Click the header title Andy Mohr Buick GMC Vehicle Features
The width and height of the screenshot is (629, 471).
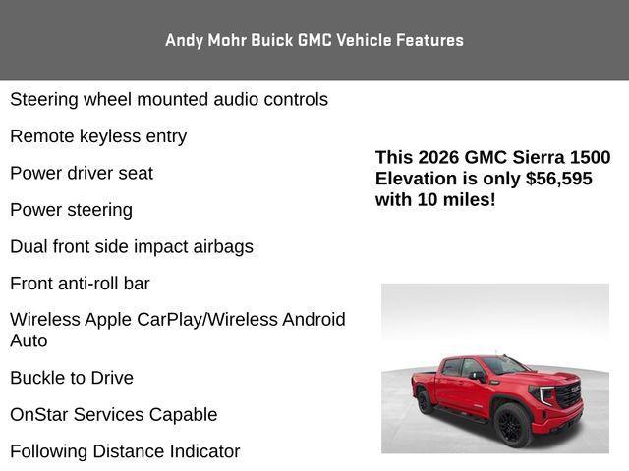click(x=314, y=40)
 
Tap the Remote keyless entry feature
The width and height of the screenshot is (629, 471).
click(x=98, y=136)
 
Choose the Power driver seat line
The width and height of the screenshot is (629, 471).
click(x=82, y=174)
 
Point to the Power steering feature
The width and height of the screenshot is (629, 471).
click(x=71, y=210)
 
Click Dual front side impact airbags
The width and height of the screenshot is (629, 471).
click(x=132, y=247)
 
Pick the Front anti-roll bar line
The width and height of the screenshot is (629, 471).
click(x=80, y=284)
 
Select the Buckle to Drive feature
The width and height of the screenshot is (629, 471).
click(x=72, y=378)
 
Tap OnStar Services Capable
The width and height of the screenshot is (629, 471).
click(x=113, y=415)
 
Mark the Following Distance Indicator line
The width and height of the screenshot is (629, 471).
click(x=125, y=452)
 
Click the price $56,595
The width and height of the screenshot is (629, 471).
click(x=559, y=179)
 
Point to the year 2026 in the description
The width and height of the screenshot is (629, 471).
click(x=438, y=158)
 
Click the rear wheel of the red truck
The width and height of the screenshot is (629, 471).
click(x=425, y=402)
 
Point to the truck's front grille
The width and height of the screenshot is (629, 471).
click(x=569, y=395)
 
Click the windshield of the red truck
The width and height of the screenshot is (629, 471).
click(x=504, y=366)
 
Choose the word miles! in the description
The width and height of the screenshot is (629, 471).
click(x=469, y=200)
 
